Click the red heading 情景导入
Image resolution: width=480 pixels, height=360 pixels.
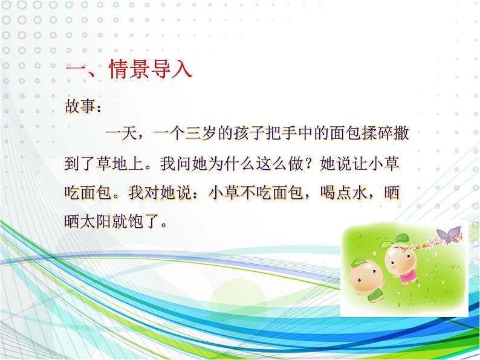(x=150, y=68)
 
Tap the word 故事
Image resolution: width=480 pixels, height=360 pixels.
(x=80, y=106)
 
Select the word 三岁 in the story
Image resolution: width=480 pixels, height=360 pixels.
(x=201, y=133)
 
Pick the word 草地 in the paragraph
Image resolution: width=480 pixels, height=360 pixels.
(x=111, y=163)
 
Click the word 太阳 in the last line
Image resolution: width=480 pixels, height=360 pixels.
(x=96, y=221)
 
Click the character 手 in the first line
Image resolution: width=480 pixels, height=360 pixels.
(x=288, y=133)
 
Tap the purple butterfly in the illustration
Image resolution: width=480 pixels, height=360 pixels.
(x=449, y=234)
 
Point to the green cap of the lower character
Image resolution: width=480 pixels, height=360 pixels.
(x=357, y=263)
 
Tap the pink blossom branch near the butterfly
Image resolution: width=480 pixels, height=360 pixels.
(x=435, y=242)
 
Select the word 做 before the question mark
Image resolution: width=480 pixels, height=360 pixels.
(x=296, y=163)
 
